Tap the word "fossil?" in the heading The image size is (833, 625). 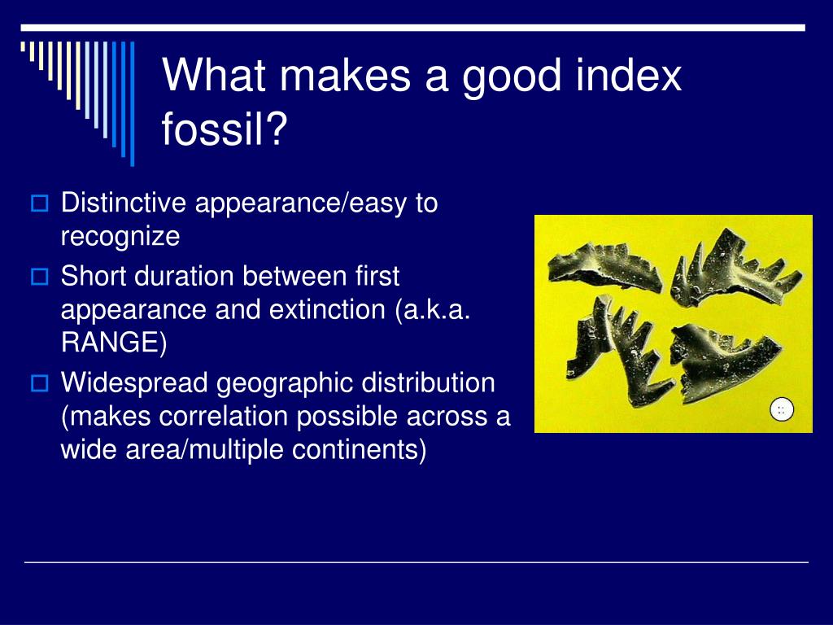(225, 129)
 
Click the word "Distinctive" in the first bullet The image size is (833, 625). (124, 203)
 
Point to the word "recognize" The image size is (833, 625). (120, 237)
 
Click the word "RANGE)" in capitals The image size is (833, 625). (114, 343)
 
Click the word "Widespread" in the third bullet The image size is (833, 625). (133, 382)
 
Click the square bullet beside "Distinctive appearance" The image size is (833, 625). (39, 203)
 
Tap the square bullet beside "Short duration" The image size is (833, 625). (39, 277)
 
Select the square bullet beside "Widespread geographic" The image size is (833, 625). (39, 382)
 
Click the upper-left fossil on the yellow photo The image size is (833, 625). (601, 269)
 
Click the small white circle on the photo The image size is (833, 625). (781, 410)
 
